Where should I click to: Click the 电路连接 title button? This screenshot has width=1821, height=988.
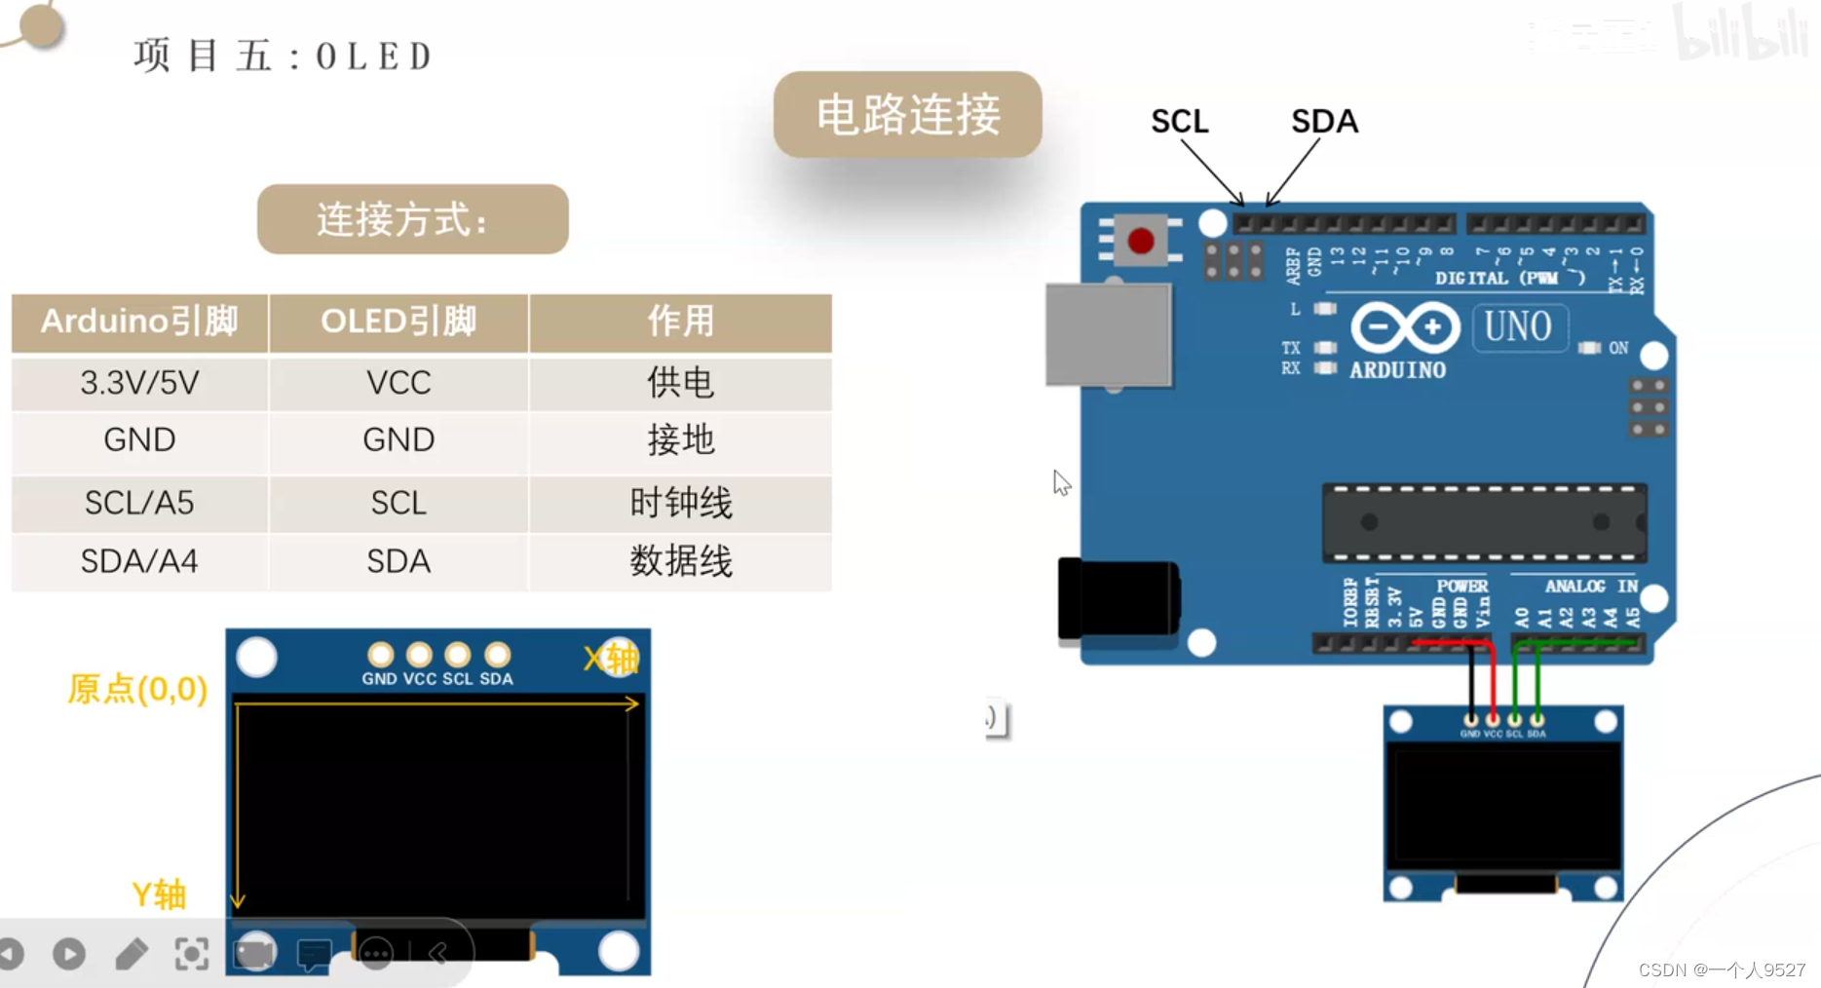(x=907, y=115)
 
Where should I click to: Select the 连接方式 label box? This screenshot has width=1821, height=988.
(x=412, y=219)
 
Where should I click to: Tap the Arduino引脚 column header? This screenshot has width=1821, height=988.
(x=139, y=322)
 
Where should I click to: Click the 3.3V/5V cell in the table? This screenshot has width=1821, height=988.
(x=139, y=383)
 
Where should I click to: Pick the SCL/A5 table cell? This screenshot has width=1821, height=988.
(x=139, y=503)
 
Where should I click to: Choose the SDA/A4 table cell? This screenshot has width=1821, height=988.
(x=139, y=561)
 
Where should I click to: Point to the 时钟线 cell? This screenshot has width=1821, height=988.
(x=680, y=503)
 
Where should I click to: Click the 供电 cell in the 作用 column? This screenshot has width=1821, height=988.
(x=680, y=383)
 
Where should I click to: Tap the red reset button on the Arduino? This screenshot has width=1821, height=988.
(x=1141, y=240)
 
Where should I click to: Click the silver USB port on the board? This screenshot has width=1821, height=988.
(x=1109, y=334)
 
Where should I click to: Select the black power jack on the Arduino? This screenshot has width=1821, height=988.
(x=1119, y=598)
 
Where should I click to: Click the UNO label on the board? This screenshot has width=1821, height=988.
(x=1518, y=327)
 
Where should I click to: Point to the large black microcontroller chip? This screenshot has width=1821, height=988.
(x=1484, y=523)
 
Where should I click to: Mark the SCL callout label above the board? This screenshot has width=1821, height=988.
(x=1179, y=122)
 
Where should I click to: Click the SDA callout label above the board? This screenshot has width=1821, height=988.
(x=1324, y=122)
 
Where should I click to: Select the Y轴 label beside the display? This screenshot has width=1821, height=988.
(x=159, y=894)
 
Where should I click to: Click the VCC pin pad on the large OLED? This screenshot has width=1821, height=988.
(x=419, y=655)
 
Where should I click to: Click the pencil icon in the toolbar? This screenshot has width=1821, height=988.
(x=131, y=954)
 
